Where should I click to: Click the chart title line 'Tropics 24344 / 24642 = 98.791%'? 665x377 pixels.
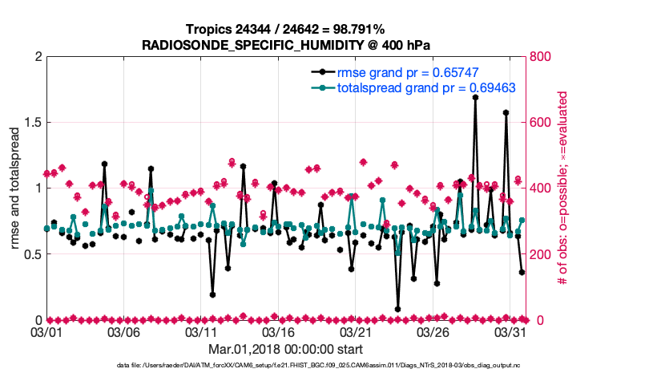point(286,30)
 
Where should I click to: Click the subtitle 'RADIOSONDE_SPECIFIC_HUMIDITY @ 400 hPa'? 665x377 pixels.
point(286,45)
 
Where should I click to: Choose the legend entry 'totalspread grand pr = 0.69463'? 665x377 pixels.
point(415,87)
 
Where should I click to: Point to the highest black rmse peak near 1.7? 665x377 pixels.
point(475,97)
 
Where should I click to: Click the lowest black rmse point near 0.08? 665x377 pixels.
point(397,309)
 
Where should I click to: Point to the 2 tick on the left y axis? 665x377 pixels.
point(38,57)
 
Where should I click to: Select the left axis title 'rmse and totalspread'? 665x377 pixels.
point(15,188)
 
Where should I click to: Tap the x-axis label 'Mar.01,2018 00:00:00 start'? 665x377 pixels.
point(286,349)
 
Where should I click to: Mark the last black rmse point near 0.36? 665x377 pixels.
point(522,273)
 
